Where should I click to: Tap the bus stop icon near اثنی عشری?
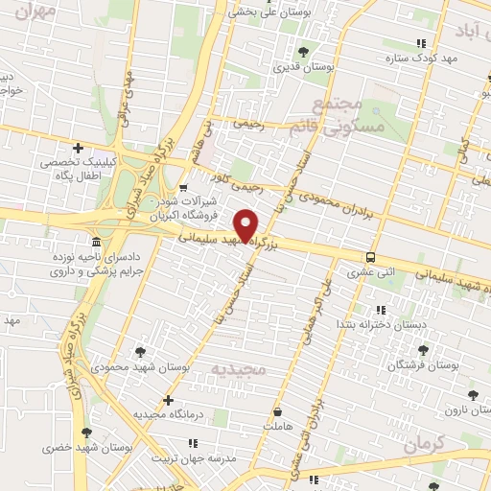(x=370, y=257)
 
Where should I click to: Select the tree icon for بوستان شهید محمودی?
(x=143, y=352)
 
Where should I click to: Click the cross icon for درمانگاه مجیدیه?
(x=169, y=399)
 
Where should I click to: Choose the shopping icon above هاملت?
(x=278, y=409)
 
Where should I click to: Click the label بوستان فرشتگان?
(x=423, y=366)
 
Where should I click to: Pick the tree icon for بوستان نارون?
(x=471, y=394)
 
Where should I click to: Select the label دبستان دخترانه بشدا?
(x=379, y=325)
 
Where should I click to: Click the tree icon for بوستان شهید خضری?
(x=87, y=434)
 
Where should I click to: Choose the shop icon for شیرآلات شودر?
(x=182, y=188)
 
